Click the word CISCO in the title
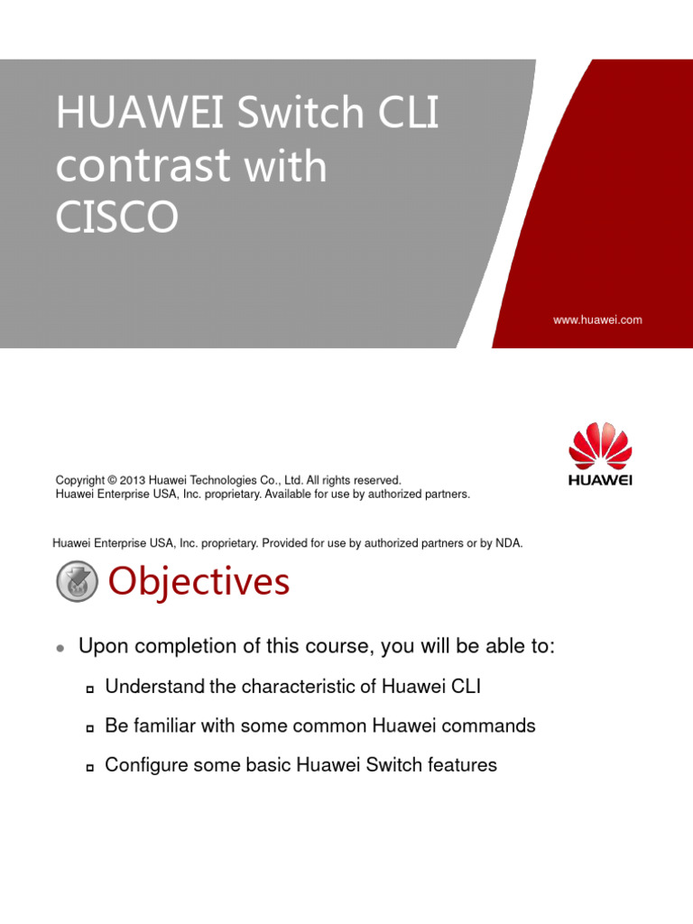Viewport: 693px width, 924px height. click(117, 217)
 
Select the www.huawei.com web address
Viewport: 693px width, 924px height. click(597, 319)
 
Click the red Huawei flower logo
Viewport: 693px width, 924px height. click(600, 446)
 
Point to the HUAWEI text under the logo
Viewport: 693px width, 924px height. click(600, 480)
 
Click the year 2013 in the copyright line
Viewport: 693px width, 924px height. click(145, 481)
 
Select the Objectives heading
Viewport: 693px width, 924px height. click(199, 582)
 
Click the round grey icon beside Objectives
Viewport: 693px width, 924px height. click(77, 582)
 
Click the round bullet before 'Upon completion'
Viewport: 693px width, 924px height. click(60, 649)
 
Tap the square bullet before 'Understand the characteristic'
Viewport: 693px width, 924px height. click(89, 689)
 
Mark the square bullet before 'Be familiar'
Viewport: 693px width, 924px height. click(89, 728)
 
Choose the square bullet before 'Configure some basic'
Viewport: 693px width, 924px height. click(89, 768)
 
